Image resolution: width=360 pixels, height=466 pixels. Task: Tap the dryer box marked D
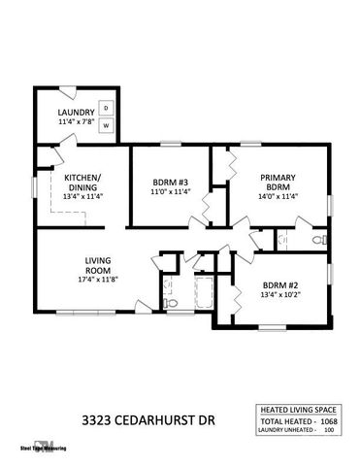(x=108, y=107)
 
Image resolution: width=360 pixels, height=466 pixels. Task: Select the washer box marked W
(x=108, y=126)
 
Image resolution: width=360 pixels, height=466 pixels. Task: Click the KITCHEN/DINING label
(x=82, y=182)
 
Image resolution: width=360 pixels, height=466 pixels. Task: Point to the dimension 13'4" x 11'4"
(x=82, y=195)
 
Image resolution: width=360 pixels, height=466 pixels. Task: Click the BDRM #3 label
(x=170, y=183)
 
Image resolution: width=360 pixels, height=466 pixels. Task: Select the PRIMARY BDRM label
(x=278, y=182)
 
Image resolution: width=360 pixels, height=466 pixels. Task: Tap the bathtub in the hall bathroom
(x=207, y=291)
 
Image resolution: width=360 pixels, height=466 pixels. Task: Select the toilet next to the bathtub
(x=172, y=303)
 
